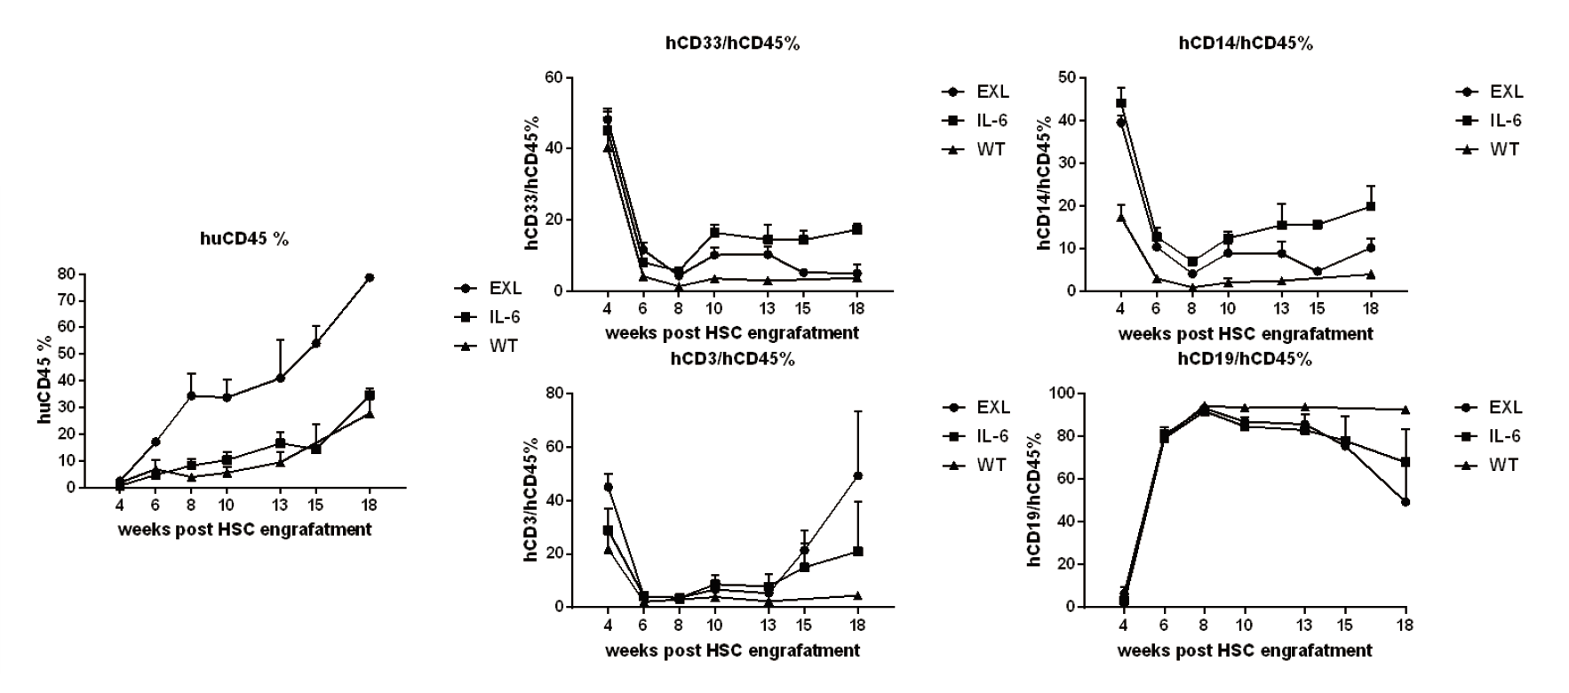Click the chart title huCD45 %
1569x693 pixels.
243,238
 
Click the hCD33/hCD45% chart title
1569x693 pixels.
734,44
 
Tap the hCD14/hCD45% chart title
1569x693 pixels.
1246,44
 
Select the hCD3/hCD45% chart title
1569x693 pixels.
732,359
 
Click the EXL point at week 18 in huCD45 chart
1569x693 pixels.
369,277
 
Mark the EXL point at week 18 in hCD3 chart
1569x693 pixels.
857,475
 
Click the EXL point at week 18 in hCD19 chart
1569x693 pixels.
1406,502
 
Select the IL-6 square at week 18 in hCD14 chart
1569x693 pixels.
1371,206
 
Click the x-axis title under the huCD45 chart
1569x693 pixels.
244,530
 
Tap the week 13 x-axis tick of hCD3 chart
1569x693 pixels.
768,624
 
